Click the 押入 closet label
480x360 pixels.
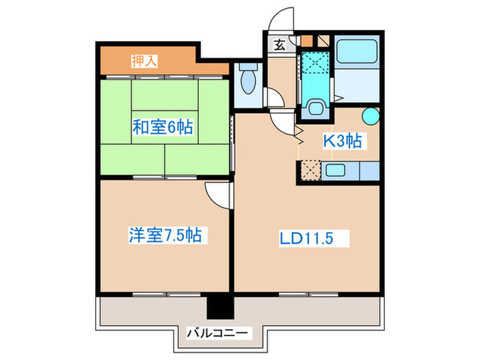[145, 61]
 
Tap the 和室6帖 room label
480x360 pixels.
[163, 127]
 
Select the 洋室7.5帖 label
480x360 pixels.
[165, 236]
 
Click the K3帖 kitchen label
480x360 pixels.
[343, 142]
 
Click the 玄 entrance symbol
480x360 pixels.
[280, 46]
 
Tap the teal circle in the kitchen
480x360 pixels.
[370, 116]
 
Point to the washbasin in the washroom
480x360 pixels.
[316, 107]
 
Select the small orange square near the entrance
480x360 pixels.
[306, 40]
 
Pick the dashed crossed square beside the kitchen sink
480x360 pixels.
[309, 169]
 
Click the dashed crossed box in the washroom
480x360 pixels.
[317, 62]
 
